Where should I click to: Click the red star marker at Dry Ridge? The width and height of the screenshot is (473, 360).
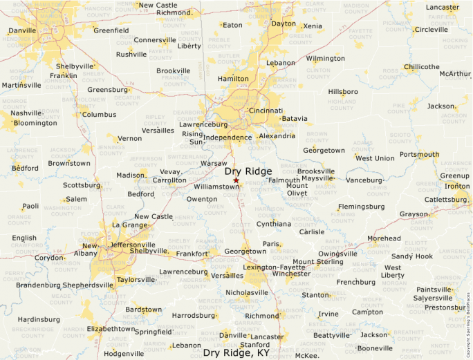[236, 180]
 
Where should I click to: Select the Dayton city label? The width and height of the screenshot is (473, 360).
[283, 23]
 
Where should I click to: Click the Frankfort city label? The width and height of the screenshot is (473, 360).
[192, 254]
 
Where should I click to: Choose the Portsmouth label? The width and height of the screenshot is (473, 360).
[419, 154]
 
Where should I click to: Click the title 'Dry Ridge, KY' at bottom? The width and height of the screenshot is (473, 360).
[236, 352]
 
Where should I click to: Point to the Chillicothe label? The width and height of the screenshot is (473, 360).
[421, 67]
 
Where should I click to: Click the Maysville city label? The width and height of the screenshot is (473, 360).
[317, 178]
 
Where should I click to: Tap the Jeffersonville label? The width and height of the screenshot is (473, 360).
[133, 245]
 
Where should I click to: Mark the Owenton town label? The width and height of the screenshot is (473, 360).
[202, 199]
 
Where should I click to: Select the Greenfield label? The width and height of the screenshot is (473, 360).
[111, 30]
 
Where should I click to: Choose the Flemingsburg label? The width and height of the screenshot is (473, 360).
[361, 206]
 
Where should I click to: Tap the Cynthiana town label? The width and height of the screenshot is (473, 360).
[274, 224]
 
